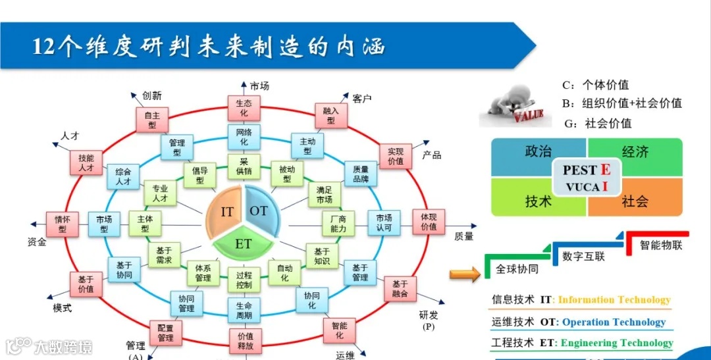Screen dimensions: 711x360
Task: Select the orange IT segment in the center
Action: pos(226,211)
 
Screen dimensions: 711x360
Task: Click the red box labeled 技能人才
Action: pos(86,163)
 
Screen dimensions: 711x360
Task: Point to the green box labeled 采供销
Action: pos(244,166)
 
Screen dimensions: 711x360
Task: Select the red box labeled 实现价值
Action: pos(395,156)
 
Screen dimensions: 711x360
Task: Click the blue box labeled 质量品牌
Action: pos(361,173)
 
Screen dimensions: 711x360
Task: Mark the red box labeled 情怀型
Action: pos(63,224)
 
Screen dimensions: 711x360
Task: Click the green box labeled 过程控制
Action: pos(244,280)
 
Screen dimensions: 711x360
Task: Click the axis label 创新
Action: pos(152,95)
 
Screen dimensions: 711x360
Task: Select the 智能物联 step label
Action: pos(661,245)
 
